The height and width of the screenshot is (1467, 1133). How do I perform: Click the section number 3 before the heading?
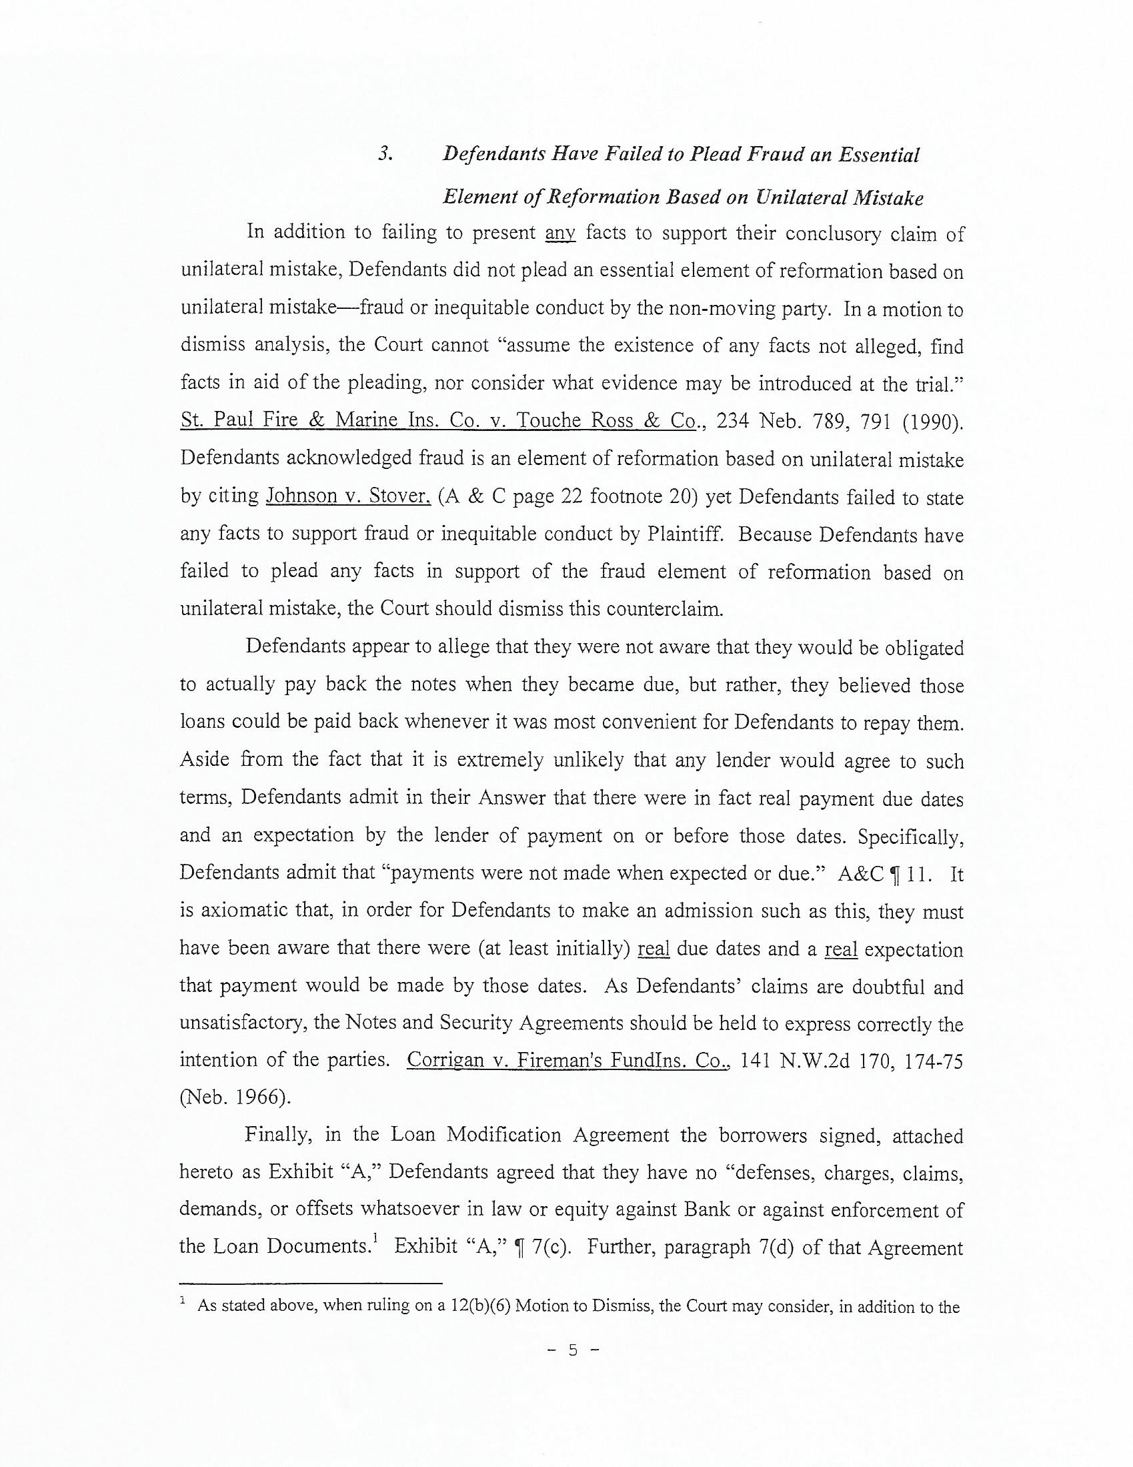(x=384, y=155)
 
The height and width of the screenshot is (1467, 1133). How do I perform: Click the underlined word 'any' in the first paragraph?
(x=560, y=233)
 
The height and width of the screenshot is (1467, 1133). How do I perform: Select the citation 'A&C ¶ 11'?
(x=884, y=875)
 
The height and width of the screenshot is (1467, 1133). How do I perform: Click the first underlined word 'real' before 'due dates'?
(x=654, y=949)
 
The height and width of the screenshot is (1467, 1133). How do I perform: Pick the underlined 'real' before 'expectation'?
(x=841, y=950)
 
